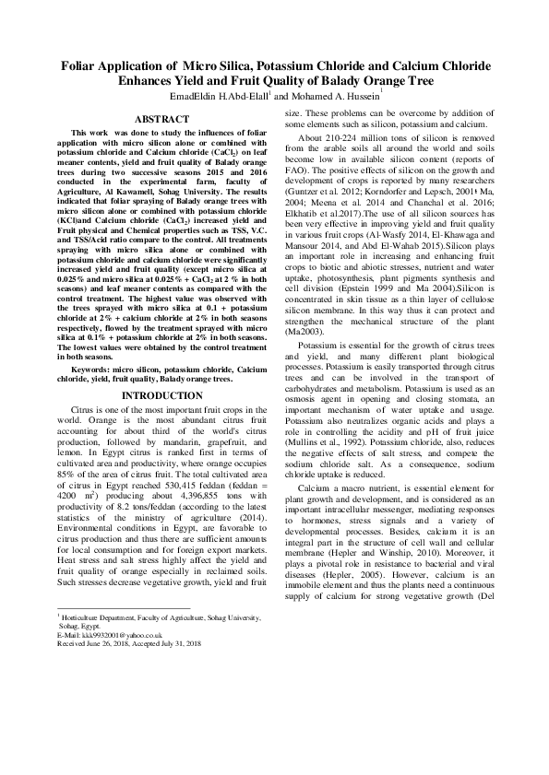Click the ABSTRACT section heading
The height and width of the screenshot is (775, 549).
point(161,120)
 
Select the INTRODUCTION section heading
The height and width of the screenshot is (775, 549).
point(161,396)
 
